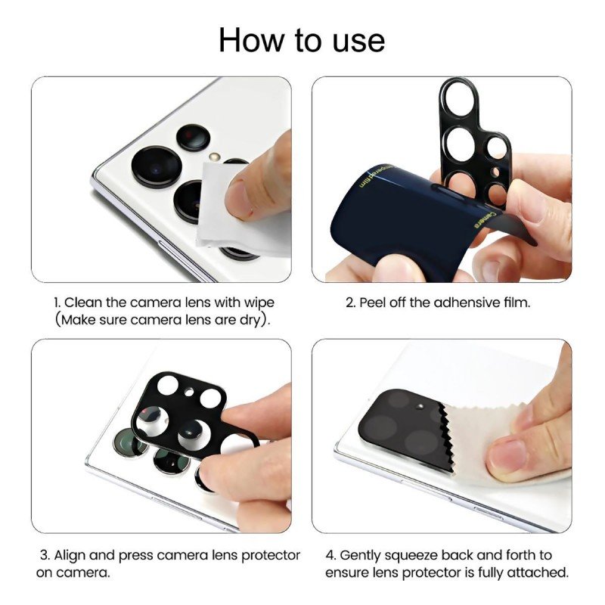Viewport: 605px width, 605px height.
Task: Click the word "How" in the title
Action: (251, 40)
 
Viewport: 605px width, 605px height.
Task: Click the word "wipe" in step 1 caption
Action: (259, 302)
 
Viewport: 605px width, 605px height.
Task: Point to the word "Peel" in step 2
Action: (372, 302)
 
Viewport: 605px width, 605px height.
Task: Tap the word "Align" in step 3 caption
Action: (70, 556)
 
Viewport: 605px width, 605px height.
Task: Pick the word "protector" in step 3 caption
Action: (271, 556)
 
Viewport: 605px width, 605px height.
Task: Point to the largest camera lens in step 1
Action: (157, 166)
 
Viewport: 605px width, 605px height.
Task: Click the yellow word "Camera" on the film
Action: (484, 219)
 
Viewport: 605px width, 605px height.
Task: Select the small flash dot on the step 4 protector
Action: (420, 406)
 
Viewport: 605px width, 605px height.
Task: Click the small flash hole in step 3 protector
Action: (189, 392)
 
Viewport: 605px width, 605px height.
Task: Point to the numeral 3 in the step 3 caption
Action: (45, 556)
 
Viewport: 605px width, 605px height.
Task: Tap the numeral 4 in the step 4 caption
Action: (330, 556)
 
